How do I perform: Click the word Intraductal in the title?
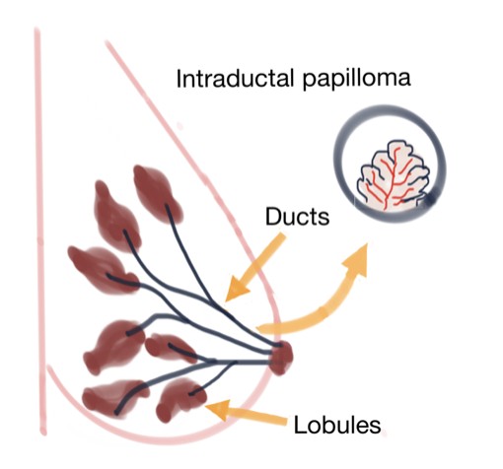tap(235, 78)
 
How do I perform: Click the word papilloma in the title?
tap(357, 79)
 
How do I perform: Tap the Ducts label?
tap(297, 217)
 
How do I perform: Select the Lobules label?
tap(337, 425)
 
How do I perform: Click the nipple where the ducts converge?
tap(281, 358)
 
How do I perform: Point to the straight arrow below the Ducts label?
tap(253, 268)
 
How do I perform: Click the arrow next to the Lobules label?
tap(247, 413)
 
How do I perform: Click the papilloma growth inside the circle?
tap(394, 177)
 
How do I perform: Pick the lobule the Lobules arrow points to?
tap(180, 399)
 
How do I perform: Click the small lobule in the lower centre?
tap(170, 348)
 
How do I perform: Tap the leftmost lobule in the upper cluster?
tap(101, 269)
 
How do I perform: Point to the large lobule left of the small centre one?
tap(113, 347)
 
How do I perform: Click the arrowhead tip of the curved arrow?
tap(367, 243)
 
